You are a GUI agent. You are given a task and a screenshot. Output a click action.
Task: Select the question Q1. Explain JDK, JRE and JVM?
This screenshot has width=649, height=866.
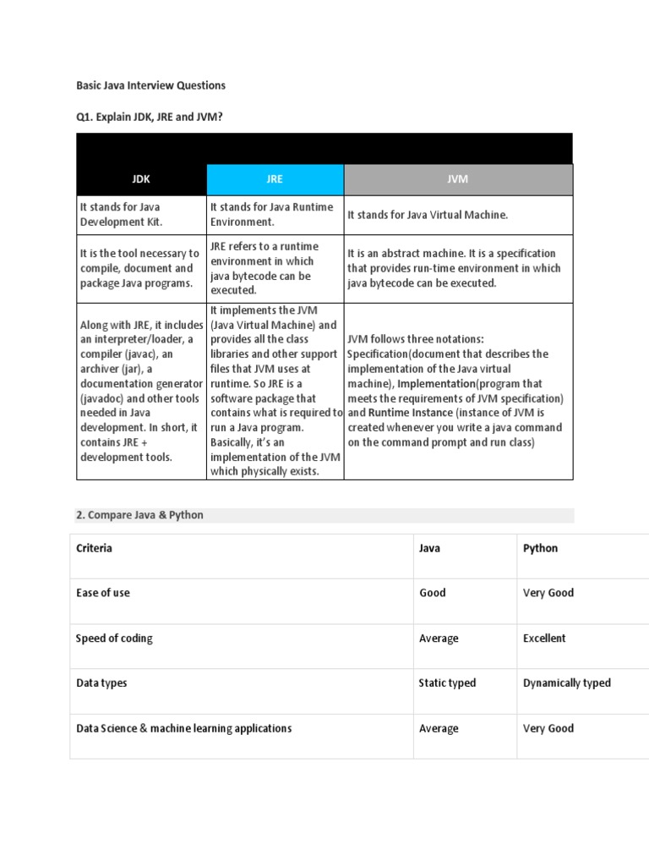[150, 117]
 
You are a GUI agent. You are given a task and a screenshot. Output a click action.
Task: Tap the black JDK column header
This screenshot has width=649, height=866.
[141, 179]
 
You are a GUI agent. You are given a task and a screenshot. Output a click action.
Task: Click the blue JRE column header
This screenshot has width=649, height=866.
[275, 179]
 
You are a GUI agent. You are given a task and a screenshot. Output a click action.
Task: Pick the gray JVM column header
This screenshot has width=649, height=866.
[457, 179]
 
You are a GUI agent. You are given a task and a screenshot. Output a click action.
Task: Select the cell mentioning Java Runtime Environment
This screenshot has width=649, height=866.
[271, 214]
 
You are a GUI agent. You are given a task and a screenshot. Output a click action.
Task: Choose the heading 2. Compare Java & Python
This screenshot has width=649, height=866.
[140, 515]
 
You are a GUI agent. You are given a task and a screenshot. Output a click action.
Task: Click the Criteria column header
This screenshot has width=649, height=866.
[95, 548]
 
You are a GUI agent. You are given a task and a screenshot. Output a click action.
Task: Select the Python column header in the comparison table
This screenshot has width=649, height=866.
[540, 548]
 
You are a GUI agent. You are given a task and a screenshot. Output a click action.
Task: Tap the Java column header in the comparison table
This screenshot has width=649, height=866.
[429, 548]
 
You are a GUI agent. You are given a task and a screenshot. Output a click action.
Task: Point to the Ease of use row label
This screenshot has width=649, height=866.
[103, 593]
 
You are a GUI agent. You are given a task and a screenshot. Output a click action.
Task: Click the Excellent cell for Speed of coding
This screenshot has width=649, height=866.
[544, 639]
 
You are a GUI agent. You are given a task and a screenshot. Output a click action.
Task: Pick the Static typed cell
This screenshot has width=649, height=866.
[447, 682]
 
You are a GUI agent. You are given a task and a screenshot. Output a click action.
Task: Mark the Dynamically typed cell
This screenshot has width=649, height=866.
[566, 682]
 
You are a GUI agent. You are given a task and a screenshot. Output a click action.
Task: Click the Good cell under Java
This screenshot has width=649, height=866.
[432, 593]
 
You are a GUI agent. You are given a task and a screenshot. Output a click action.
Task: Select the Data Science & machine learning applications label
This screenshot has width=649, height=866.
[184, 728]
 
